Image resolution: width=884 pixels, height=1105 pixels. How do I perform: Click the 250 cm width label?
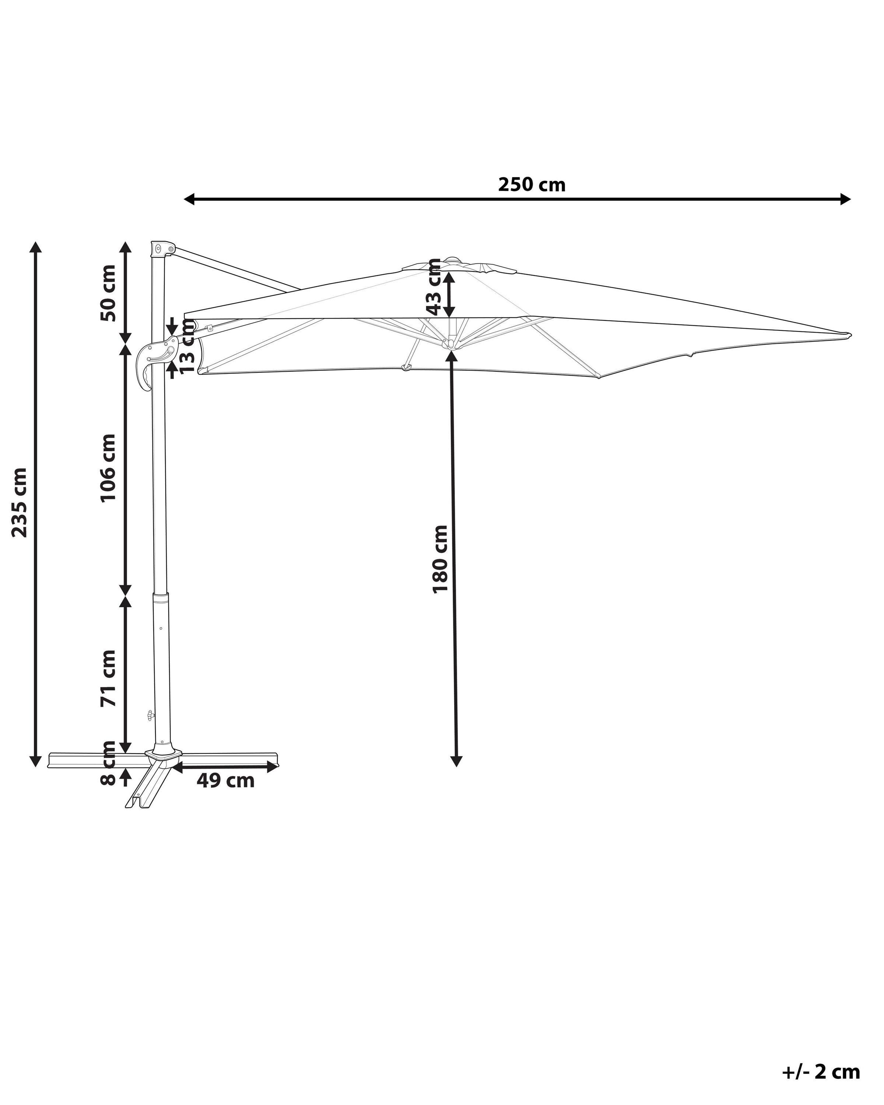(x=532, y=185)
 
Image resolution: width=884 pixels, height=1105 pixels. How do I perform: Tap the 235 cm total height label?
(x=20, y=502)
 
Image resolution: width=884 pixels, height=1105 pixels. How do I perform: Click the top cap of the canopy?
(x=453, y=260)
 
